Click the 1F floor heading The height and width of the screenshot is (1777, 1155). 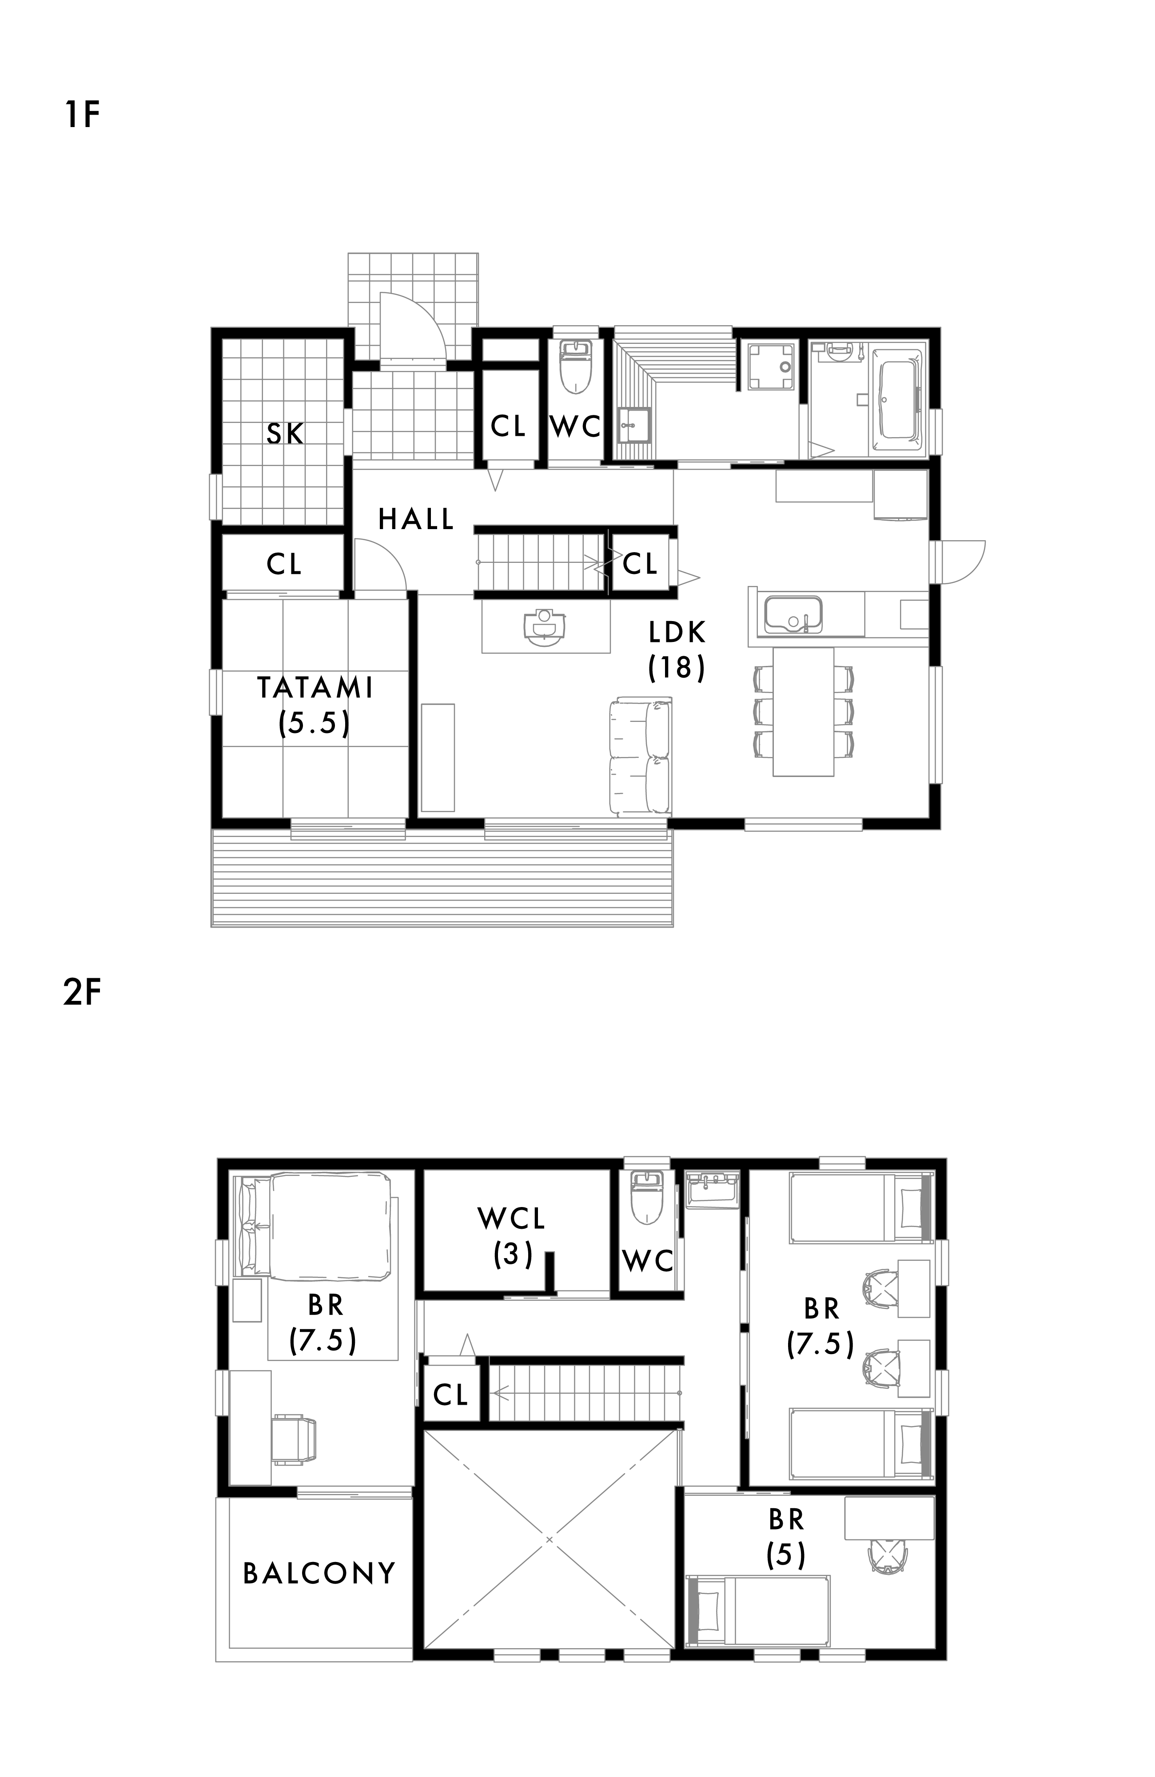tap(82, 116)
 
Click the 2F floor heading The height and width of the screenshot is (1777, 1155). tap(82, 993)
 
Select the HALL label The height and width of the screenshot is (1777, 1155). tap(416, 519)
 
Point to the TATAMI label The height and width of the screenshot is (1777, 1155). tap(315, 688)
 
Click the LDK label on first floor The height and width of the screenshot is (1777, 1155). tap(677, 633)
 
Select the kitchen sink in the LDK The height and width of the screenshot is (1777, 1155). tap(793, 613)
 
